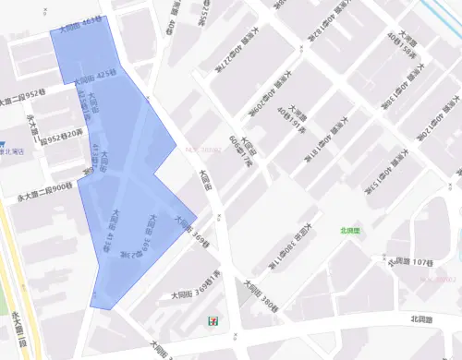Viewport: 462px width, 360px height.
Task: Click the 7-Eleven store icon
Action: coord(213,318)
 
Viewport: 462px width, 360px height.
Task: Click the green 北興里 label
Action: coord(350,231)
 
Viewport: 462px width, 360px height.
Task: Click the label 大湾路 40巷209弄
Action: coord(265,99)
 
